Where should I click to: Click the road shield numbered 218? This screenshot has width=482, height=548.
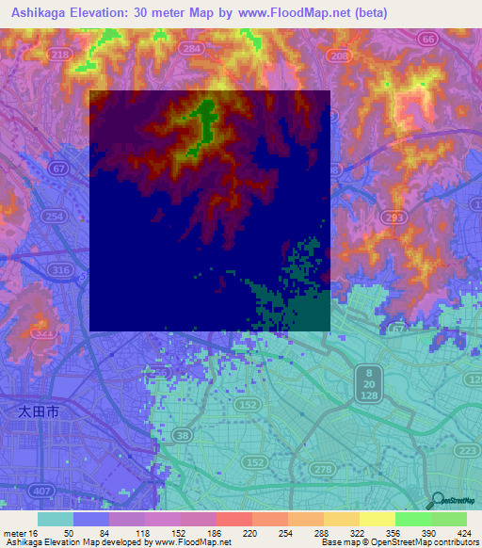pyautogui.click(x=61, y=56)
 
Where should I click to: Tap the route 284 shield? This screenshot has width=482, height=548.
pyautogui.click(x=193, y=47)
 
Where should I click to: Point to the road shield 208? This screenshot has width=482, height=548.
pyautogui.click(x=339, y=56)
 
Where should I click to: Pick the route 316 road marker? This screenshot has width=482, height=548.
pyautogui.click(x=61, y=271)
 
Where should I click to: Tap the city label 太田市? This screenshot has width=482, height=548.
pyautogui.click(x=39, y=411)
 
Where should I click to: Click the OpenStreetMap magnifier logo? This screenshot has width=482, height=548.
pyautogui.click(x=436, y=501)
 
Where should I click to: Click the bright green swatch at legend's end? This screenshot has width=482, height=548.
pyautogui.click(x=449, y=519)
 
